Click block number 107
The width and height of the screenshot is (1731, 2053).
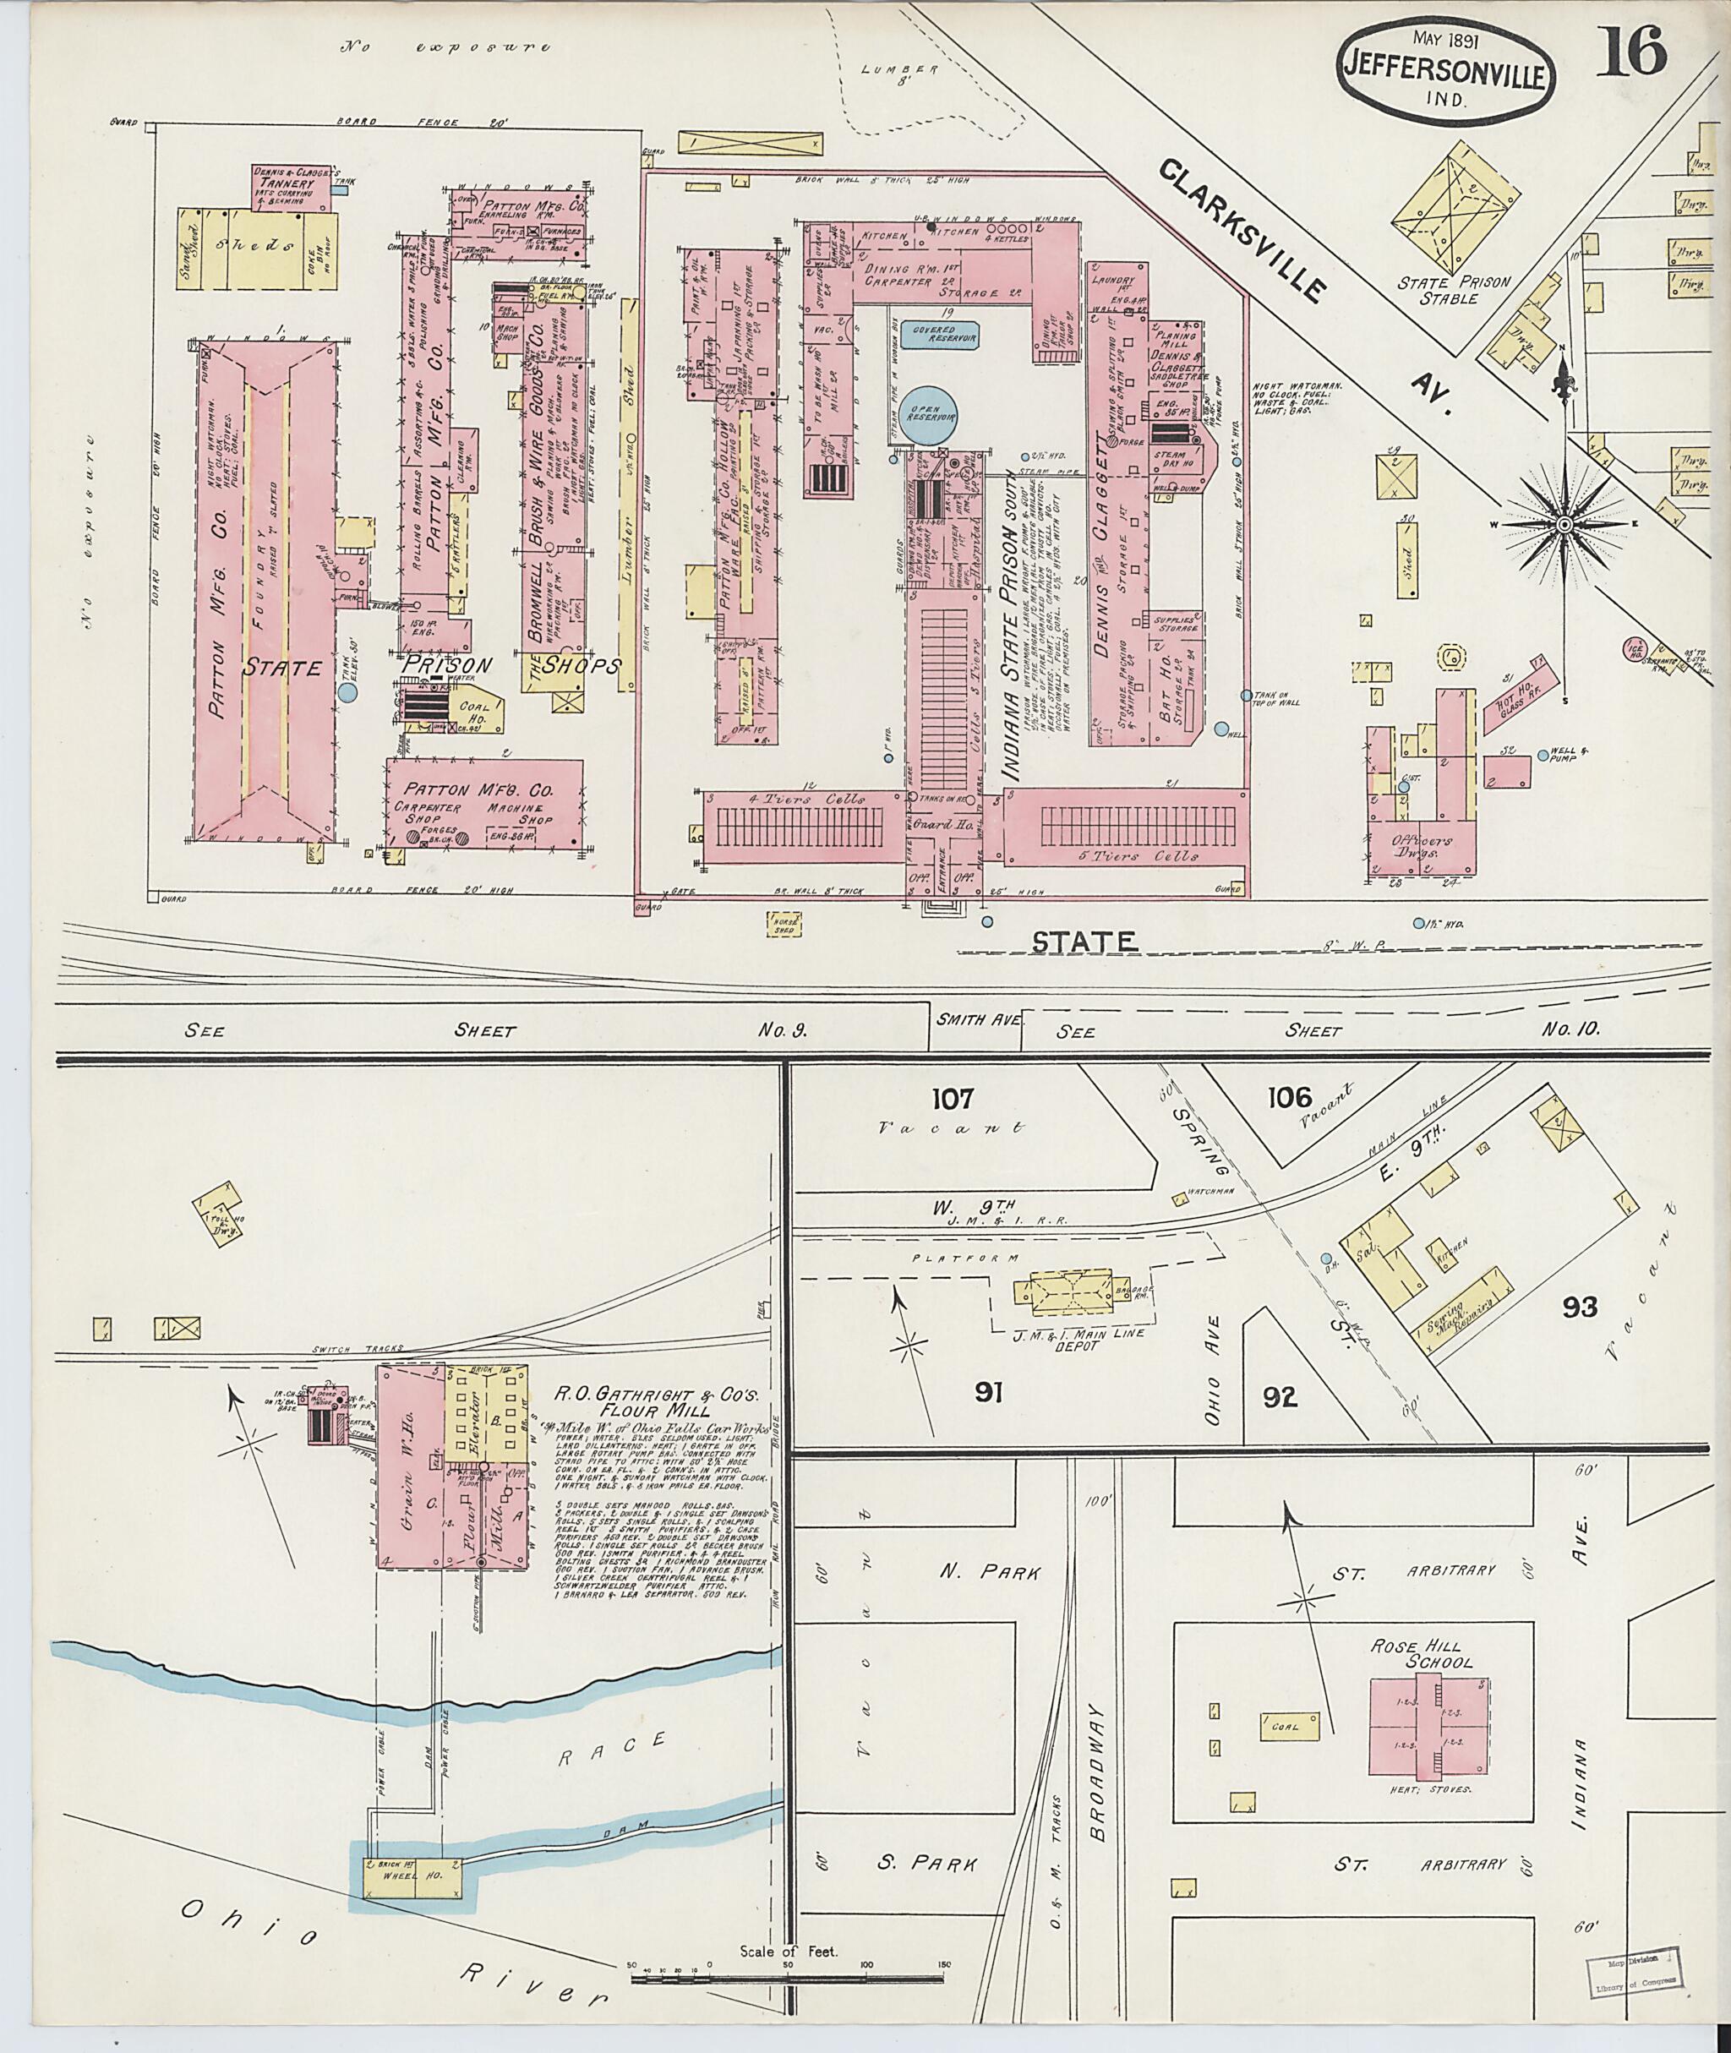pyautogui.click(x=953, y=1097)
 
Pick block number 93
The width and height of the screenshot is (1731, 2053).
pyautogui.click(x=1580, y=1306)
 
